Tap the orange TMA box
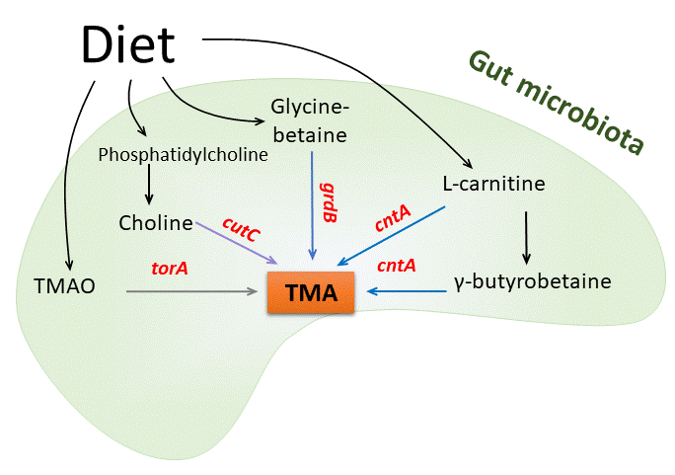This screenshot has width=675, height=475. (x=311, y=293)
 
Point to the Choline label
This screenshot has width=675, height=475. (x=155, y=222)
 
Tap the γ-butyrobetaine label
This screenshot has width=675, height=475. (x=533, y=281)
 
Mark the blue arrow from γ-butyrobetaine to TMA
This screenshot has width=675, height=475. (x=405, y=291)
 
